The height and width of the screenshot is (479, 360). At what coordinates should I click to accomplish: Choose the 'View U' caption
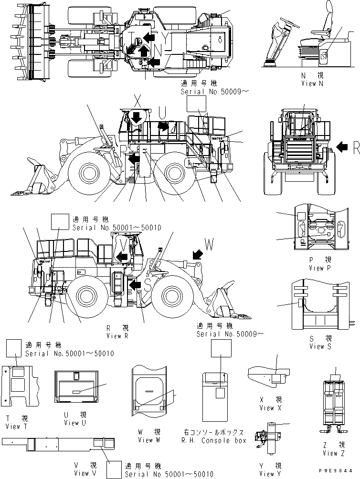pyautogui.click(x=74, y=423)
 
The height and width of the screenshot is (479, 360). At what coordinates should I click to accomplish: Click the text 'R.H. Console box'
pyautogui.click(x=214, y=440)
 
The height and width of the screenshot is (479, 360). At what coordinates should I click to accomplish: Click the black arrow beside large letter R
pyautogui.click(x=342, y=148)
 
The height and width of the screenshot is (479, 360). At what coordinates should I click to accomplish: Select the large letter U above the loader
pyautogui.click(x=162, y=113)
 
